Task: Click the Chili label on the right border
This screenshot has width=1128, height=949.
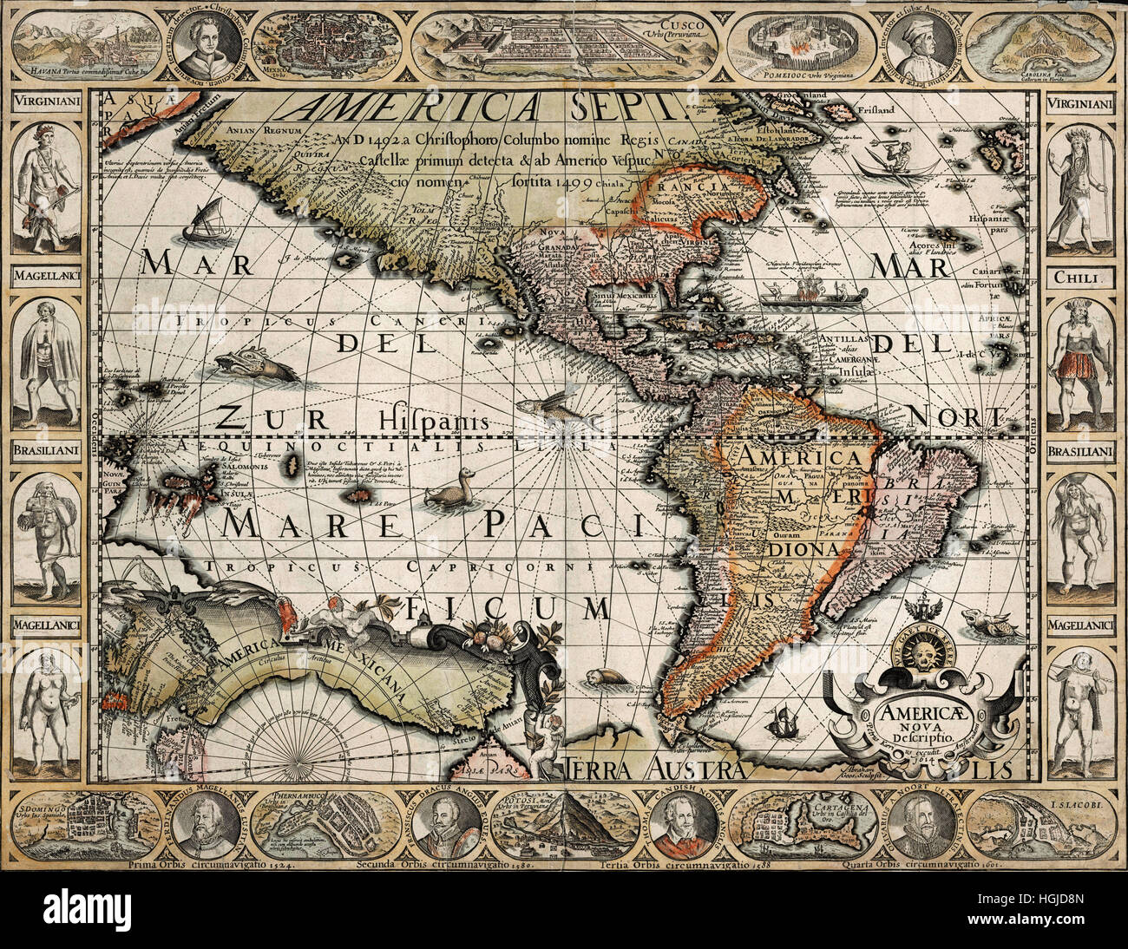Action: click(1077, 278)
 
